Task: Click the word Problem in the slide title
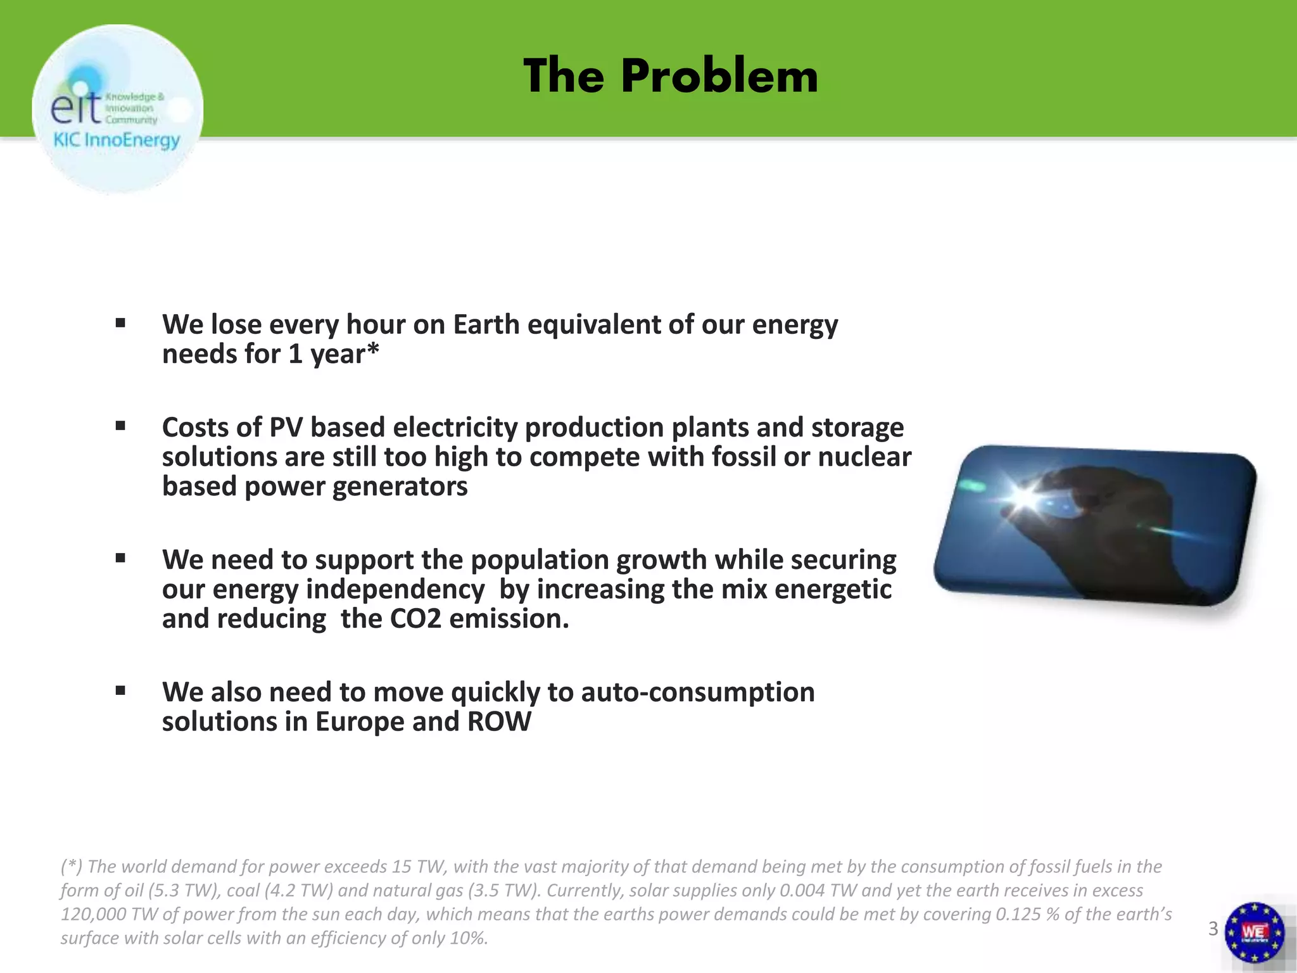click(x=719, y=77)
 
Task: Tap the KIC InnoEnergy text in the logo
click(x=117, y=140)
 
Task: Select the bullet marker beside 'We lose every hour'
click(x=120, y=324)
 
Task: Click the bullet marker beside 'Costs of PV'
click(x=120, y=427)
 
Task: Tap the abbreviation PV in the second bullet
click(x=285, y=428)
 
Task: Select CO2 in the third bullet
click(x=415, y=619)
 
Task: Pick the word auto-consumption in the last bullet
click(x=697, y=692)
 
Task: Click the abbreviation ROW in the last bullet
click(x=499, y=722)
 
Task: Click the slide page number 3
click(x=1213, y=929)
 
